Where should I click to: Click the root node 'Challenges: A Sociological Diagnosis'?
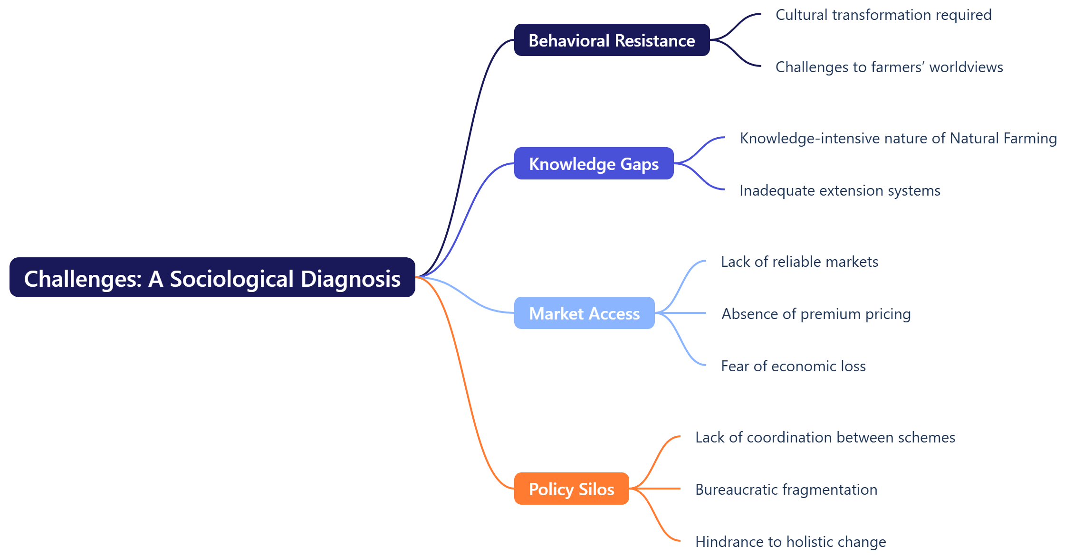point(212,278)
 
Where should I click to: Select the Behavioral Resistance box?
point(612,40)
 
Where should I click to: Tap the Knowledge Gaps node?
point(594,164)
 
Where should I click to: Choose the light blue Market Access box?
point(584,313)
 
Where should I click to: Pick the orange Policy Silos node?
point(571,489)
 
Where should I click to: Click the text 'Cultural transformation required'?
point(883,15)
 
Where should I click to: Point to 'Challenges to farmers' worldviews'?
point(889,67)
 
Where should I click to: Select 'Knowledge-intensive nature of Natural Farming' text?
point(898,139)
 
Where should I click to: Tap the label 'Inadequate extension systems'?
point(840,191)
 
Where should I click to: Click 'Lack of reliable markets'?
point(799,262)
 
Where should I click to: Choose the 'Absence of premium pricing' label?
point(816,314)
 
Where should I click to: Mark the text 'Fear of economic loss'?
point(793,367)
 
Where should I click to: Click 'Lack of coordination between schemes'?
point(825,438)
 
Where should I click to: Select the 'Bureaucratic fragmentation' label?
point(786,490)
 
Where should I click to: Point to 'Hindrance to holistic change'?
point(790,542)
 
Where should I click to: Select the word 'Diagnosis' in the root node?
point(351,279)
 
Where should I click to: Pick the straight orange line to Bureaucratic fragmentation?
point(658,489)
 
